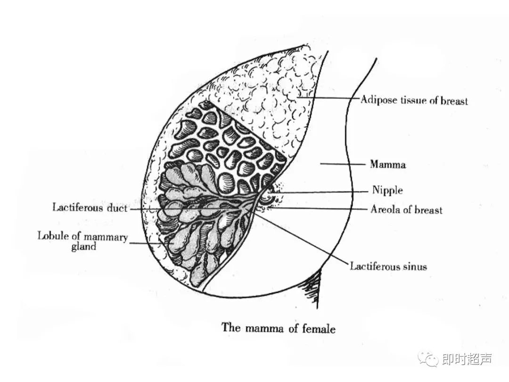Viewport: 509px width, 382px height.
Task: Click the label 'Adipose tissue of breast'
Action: pyautogui.click(x=414, y=100)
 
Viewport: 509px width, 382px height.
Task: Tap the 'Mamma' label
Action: pyautogui.click(x=387, y=165)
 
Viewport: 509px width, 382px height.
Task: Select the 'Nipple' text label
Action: pyautogui.click(x=387, y=191)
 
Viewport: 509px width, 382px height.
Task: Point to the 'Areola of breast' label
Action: pyautogui.click(x=406, y=209)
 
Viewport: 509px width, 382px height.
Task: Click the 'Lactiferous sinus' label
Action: pyautogui.click(x=388, y=266)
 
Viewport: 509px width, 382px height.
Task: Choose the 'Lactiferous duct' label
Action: pyautogui.click(x=90, y=208)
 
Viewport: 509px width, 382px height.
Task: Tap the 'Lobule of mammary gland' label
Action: pyautogui.click(x=83, y=241)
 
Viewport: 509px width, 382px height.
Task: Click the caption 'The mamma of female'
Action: pyautogui.click(x=279, y=328)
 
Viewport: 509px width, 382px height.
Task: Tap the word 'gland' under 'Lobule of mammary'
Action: pyautogui.click(x=83, y=247)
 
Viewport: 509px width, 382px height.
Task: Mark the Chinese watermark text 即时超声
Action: pyautogui.click(x=467, y=360)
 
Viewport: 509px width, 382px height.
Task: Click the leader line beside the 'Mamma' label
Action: pyautogui.click(x=342, y=165)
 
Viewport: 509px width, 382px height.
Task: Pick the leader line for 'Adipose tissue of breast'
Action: pyautogui.click(x=325, y=98)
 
